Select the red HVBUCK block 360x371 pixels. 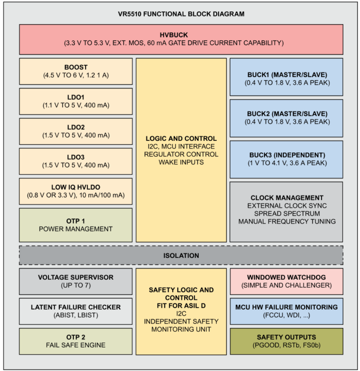(x=181, y=39)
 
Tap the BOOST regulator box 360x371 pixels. (x=76, y=71)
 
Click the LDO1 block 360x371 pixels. (x=76, y=101)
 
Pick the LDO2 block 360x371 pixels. (x=76, y=131)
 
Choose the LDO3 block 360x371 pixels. (x=76, y=161)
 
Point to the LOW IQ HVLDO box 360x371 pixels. (x=76, y=191)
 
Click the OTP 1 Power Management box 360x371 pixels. (x=76, y=225)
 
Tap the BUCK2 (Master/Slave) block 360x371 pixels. (x=286, y=118)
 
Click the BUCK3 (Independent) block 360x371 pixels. (x=286, y=159)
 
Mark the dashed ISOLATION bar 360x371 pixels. (x=181, y=255)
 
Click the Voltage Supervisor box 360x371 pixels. (x=76, y=281)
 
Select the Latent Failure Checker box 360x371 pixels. (x=76, y=311)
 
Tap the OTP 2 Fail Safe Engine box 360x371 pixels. (x=76, y=341)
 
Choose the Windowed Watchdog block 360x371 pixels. (x=286, y=281)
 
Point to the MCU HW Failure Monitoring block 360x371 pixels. (x=286, y=311)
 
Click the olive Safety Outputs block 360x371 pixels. (x=286, y=341)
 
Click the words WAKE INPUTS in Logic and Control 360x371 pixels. (x=181, y=162)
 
